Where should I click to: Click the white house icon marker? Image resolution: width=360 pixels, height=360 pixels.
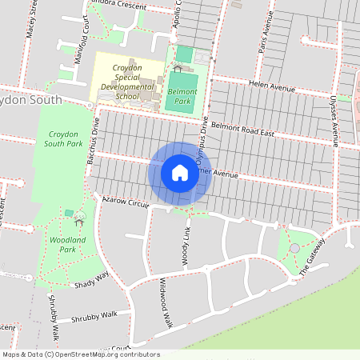[180, 173]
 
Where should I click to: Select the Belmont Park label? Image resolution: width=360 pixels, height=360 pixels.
[181, 97]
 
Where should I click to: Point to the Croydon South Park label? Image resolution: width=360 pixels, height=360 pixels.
[65, 138]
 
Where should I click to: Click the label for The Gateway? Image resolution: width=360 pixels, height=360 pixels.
[313, 258]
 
